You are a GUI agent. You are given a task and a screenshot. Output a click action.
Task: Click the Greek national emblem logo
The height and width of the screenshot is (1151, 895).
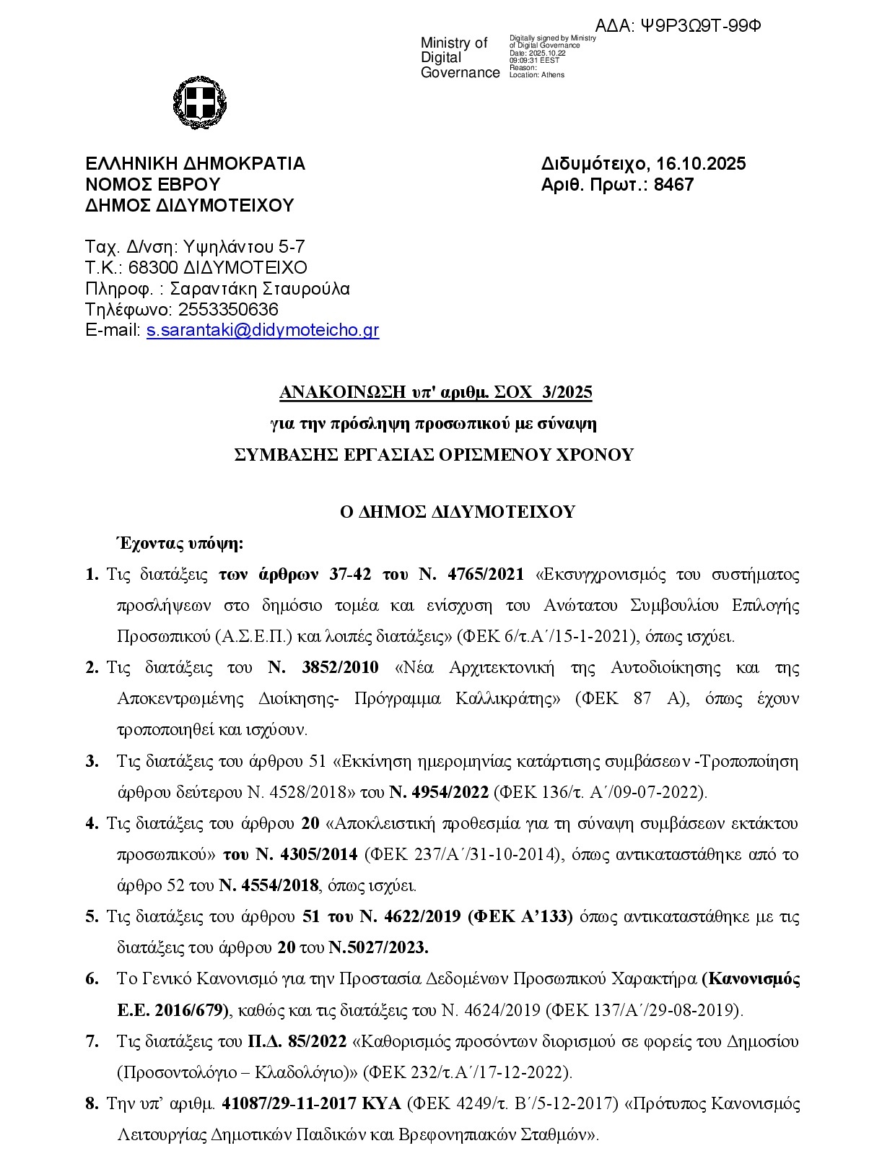(x=200, y=102)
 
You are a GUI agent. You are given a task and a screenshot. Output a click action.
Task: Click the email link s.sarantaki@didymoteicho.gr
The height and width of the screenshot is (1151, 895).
(x=262, y=331)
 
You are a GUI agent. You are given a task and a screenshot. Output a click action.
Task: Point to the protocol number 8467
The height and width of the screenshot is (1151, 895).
(x=673, y=185)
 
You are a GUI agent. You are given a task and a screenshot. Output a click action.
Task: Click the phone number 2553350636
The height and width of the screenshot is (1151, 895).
(x=228, y=310)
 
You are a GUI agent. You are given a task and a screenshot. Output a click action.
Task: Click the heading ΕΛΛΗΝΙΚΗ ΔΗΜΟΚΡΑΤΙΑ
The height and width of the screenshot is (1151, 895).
(x=195, y=164)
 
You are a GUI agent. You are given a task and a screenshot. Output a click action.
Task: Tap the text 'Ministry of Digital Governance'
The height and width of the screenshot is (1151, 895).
(x=460, y=58)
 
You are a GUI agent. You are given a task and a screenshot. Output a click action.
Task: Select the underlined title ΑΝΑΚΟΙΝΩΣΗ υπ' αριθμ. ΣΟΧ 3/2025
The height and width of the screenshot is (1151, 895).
(x=436, y=393)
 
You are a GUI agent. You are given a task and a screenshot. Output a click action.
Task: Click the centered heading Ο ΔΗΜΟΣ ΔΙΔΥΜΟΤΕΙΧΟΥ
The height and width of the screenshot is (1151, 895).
(x=458, y=512)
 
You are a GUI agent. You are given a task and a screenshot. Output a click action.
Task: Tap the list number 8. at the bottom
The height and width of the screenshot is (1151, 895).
(x=92, y=1104)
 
